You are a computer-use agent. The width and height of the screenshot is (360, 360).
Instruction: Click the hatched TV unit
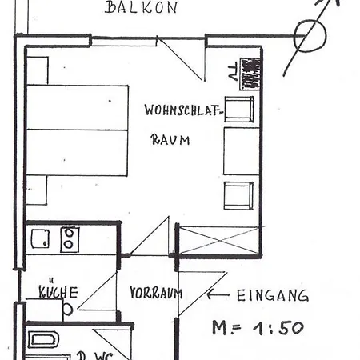(x=251, y=73)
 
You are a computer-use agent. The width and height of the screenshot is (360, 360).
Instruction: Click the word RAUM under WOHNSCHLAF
(x=170, y=139)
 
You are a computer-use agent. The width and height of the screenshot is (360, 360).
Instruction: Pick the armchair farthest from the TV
(x=239, y=194)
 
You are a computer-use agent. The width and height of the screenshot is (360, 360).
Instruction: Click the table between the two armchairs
(x=241, y=150)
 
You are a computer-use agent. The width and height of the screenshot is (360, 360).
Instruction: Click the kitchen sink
(x=41, y=238)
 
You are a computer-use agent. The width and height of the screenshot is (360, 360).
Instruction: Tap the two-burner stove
(x=70, y=238)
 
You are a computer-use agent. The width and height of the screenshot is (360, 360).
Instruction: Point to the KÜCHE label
(x=58, y=293)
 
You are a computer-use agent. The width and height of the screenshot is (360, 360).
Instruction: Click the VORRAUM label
(x=155, y=294)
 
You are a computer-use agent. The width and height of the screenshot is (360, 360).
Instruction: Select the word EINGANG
(x=273, y=295)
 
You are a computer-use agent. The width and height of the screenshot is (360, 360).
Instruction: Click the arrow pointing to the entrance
(x=217, y=294)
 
